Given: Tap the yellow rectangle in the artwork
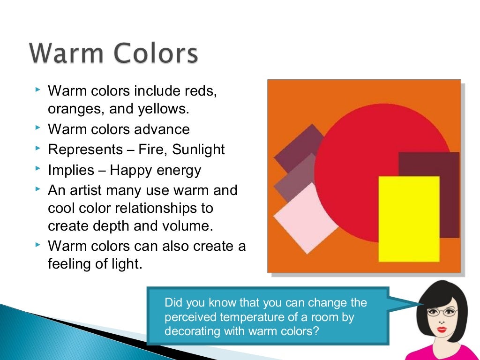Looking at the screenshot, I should click(x=409, y=219).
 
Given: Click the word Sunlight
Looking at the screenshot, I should click(x=199, y=150).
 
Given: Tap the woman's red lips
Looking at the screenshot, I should click(x=441, y=330).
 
